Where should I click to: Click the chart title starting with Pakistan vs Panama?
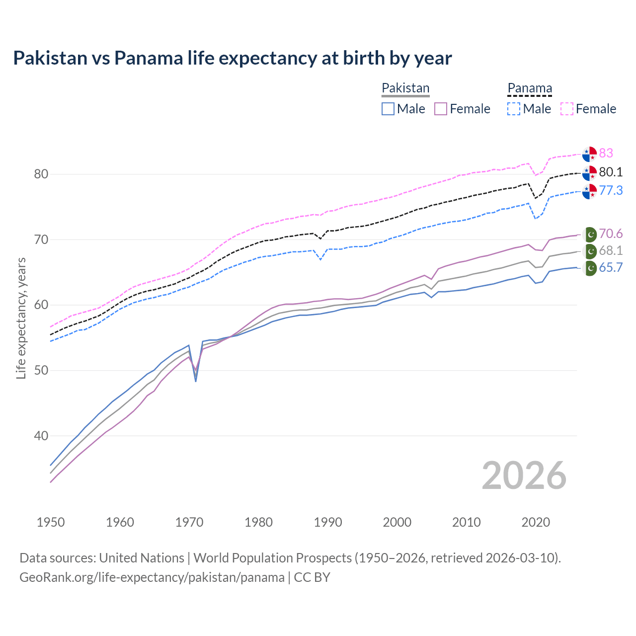tap(232, 58)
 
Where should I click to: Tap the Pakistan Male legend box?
tap(388, 109)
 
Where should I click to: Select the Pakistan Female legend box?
tap(441, 109)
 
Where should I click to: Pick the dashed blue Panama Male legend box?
tap(514, 109)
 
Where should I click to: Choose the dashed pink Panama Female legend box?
tap(567, 109)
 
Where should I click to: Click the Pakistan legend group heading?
tap(405, 88)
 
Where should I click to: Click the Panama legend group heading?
tap(530, 88)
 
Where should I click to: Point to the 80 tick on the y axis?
tap(41, 174)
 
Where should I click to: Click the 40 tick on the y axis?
tap(41, 436)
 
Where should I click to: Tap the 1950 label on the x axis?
tap(51, 522)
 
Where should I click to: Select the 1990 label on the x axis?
tap(328, 522)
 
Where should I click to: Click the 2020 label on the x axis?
tap(536, 522)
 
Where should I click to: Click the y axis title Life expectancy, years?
tap(21, 318)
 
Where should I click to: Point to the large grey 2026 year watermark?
tap(524, 476)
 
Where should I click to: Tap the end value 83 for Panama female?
tap(606, 153)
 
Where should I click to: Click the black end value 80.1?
tap(611, 172)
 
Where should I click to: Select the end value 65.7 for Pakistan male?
tap(611, 268)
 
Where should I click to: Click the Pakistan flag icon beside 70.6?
tap(590, 234)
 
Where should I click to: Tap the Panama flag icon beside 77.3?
tap(589, 191)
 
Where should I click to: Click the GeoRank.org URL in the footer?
tap(152, 577)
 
